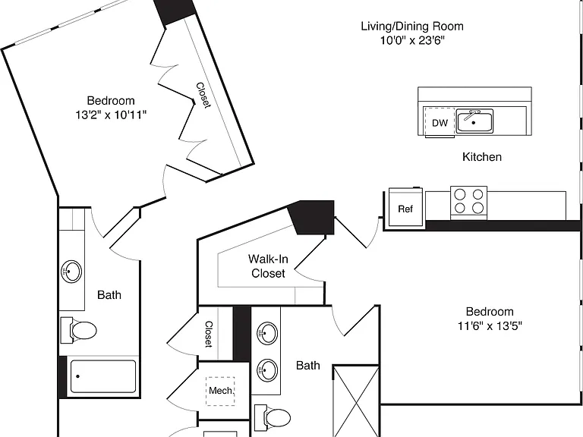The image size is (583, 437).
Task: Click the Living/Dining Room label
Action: click(x=412, y=27)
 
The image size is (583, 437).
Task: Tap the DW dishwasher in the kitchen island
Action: click(x=440, y=122)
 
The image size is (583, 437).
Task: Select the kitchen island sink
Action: click(x=474, y=121)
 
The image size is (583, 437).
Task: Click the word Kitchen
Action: click(x=482, y=157)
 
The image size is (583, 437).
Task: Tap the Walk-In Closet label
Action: click(x=268, y=266)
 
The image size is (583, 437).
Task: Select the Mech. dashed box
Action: click(x=220, y=391)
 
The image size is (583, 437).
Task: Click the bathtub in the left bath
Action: click(x=103, y=376)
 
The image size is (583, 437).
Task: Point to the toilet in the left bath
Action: click(x=78, y=330)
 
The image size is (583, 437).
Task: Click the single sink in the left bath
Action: click(x=71, y=272)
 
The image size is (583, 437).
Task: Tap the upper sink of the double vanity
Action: click(x=267, y=333)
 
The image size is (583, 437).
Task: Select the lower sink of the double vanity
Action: click(x=267, y=369)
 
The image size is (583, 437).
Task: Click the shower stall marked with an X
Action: click(x=356, y=401)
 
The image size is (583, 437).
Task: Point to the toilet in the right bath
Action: click(x=273, y=417)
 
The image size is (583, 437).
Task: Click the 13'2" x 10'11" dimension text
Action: click(x=111, y=115)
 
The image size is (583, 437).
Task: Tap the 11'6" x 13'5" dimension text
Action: click(x=490, y=326)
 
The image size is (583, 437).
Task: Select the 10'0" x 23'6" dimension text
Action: click(x=412, y=40)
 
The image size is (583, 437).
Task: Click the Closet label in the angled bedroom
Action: click(x=203, y=95)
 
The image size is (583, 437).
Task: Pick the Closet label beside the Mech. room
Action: click(x=209, y=334)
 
